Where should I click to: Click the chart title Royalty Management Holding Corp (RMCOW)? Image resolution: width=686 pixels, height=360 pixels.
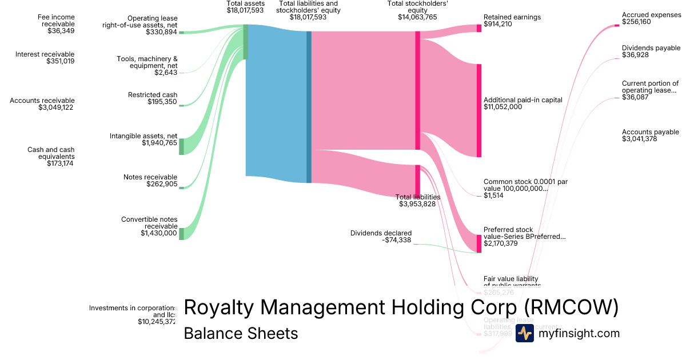click(401, 307)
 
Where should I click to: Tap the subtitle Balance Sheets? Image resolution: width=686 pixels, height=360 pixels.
click(241, 333)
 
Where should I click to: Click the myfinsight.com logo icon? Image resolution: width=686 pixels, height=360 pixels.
click(524, 333)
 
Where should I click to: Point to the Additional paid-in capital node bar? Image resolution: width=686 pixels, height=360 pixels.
click(479, 110)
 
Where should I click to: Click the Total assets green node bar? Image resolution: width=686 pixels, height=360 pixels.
click(246, 42)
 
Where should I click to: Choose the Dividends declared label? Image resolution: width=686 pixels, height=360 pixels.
click(381, 233)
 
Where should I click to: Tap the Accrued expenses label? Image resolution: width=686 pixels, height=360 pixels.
click(651, 15)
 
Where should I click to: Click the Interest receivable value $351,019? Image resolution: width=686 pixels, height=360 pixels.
click(60, 61)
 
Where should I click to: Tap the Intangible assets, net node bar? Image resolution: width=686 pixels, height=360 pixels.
click(182, 146)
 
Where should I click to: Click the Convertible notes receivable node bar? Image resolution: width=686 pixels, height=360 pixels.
click(182, 234)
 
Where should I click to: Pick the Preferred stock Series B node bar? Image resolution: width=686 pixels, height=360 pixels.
click(479, 243)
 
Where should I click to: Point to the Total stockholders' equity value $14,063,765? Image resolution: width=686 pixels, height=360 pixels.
click(417, 17)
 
